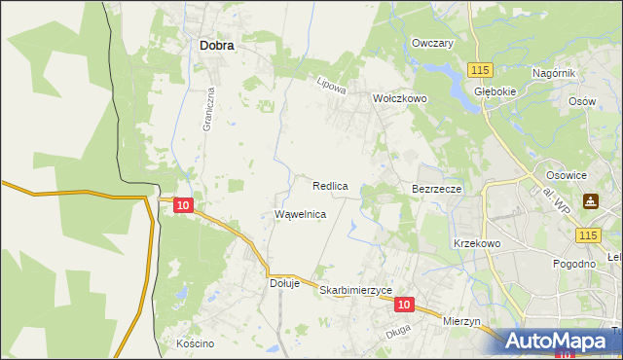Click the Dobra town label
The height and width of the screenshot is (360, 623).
pyautogui.click(x=215, y=44)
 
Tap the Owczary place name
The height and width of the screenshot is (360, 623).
pyautogui.click(x=432, y=44)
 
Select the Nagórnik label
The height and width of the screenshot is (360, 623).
pyautogui.click(x=556, y=74)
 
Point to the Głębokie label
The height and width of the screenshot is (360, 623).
pyautogui.click(x=493, y=90)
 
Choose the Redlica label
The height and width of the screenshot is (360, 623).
pyautogui.click(x=331, y=185)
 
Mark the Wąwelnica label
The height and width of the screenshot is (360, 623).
pyautogui.click(x=300, y=214)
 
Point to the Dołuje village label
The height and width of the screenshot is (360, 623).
pyautogui.click(x=282, y=284)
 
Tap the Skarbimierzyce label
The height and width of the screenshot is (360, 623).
pyautogui.click(x=355, y=290)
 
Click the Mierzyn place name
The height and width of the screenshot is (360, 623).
pyautogui.click(x=461, y=320)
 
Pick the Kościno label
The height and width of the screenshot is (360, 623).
pyautogui.click(x=195, y=343)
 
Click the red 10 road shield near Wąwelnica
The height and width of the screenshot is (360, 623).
pyautogui.click(x=184, y=205)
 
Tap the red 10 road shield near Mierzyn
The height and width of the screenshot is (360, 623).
pyautogui.click(x=406, y=305)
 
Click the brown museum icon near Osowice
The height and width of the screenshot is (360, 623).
pyautogui.click(x=591, y=201)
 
